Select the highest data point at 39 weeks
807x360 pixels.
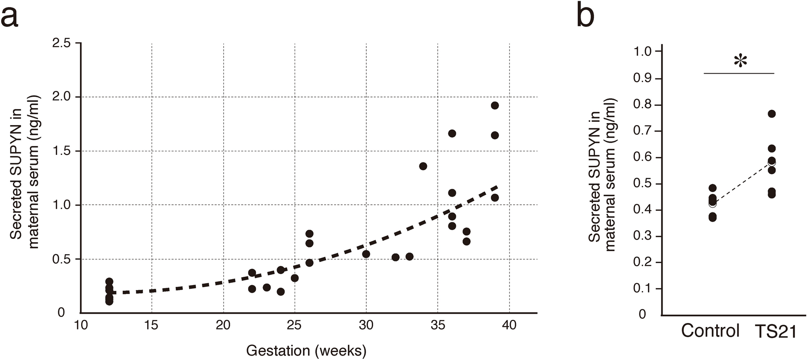pyautogui.click(x=495, y=105)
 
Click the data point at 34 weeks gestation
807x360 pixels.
pyautogui.click(x=423, y=166)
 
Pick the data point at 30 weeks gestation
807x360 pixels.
pyautogui.click(x=366, y=254)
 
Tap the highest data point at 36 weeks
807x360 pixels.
pyautogui.click(x=452, y=134)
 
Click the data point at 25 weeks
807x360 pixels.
pyautogui.click(x=294, y=278)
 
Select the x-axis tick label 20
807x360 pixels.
pyautogui.click(x=223, y=325)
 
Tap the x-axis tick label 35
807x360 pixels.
pyautogui.click(x=437, y=325)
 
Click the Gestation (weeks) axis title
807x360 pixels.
pyautogui.click(x=306, y=350)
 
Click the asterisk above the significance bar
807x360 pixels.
pyautogui.click(x=740, y=62)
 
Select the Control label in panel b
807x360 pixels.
pyautogui.click(x=710, y=331)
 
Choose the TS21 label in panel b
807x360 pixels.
pyautogui.click(x=776, y=332)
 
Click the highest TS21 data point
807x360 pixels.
pyautogui.click(x=772, y=114)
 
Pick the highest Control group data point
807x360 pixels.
pyautogui.click(x=713, y=188)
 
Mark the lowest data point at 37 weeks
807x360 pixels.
pyautogui.click(x=466, y=241)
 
